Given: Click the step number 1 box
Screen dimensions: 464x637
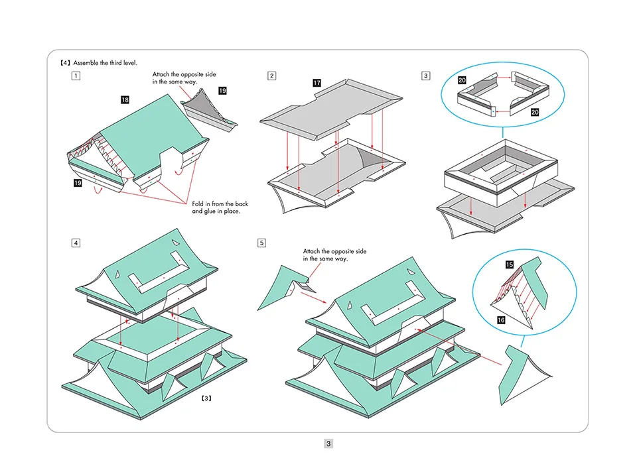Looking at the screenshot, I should pos(77,76).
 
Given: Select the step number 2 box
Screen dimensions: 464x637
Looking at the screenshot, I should pos(272,76).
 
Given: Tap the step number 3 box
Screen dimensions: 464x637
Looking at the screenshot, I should pos(425,76).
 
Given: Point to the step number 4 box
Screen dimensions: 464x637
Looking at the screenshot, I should pos(77,243).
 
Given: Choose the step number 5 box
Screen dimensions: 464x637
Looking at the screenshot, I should pos(262,243).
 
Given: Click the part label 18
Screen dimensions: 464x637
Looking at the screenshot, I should pos(125,99).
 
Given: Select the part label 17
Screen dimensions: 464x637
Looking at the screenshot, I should pos(317,83).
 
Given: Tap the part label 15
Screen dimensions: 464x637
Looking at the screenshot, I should pos(509,264).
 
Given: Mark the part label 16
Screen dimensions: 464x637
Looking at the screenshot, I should pos(502,320).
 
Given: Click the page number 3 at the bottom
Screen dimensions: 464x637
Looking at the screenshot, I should pos(328,443).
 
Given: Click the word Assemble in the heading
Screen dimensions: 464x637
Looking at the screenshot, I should pos(88,63).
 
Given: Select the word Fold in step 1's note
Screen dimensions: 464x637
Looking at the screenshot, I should pos(198,204).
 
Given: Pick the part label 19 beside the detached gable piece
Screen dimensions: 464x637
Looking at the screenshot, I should pos(222,90).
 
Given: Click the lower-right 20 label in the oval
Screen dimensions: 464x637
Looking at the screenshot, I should pos(535,113).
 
